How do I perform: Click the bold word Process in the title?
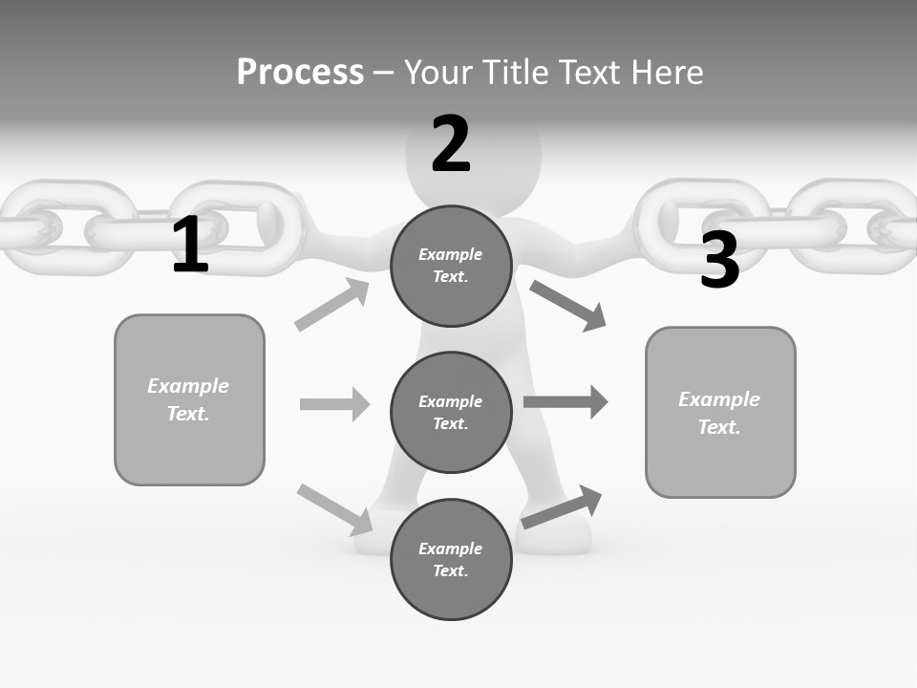300,73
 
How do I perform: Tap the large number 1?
190,246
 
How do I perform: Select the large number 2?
451,144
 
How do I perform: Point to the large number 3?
719,260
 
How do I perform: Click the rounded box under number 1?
189,399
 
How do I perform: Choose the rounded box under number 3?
720,413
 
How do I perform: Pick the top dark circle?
451,266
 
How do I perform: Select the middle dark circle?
451,413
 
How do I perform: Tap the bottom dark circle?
451,560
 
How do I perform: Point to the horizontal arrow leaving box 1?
334,404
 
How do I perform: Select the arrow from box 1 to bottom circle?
334,508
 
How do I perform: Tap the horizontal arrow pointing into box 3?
565,401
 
